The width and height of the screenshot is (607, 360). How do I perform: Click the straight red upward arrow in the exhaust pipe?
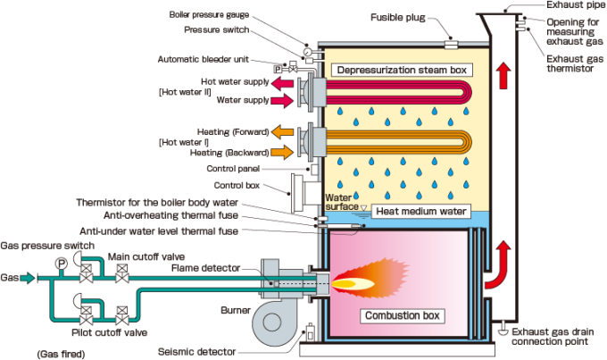coord(504,76)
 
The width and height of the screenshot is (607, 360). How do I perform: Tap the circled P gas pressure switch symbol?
coord(62,263)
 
